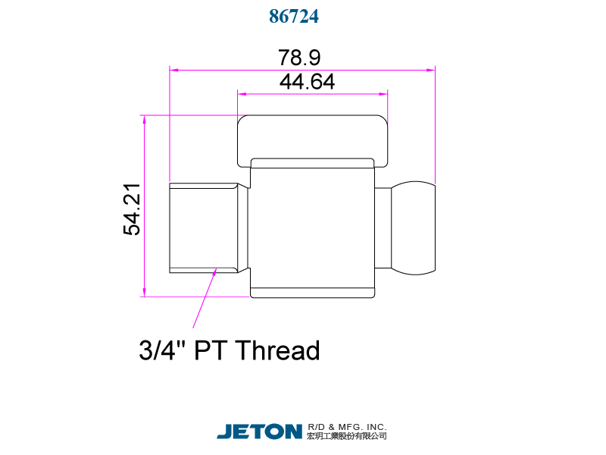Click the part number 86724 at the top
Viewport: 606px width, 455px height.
point(294,17)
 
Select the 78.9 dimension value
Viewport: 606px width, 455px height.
point(300,58)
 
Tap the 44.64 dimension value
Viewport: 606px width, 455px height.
point(307,82)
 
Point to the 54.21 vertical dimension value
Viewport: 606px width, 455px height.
point(132,209)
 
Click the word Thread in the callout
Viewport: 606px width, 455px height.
point(277,350)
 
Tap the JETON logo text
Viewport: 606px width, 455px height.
point(259,431)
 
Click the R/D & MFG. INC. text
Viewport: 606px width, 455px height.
point(347,426)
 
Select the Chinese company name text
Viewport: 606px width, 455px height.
point(347,436)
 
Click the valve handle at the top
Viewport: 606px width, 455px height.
point(313,138)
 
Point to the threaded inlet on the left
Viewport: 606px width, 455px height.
point(205,227)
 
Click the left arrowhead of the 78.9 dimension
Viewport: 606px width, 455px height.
point(173,70)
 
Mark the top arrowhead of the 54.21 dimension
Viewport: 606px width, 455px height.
point(143,119)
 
